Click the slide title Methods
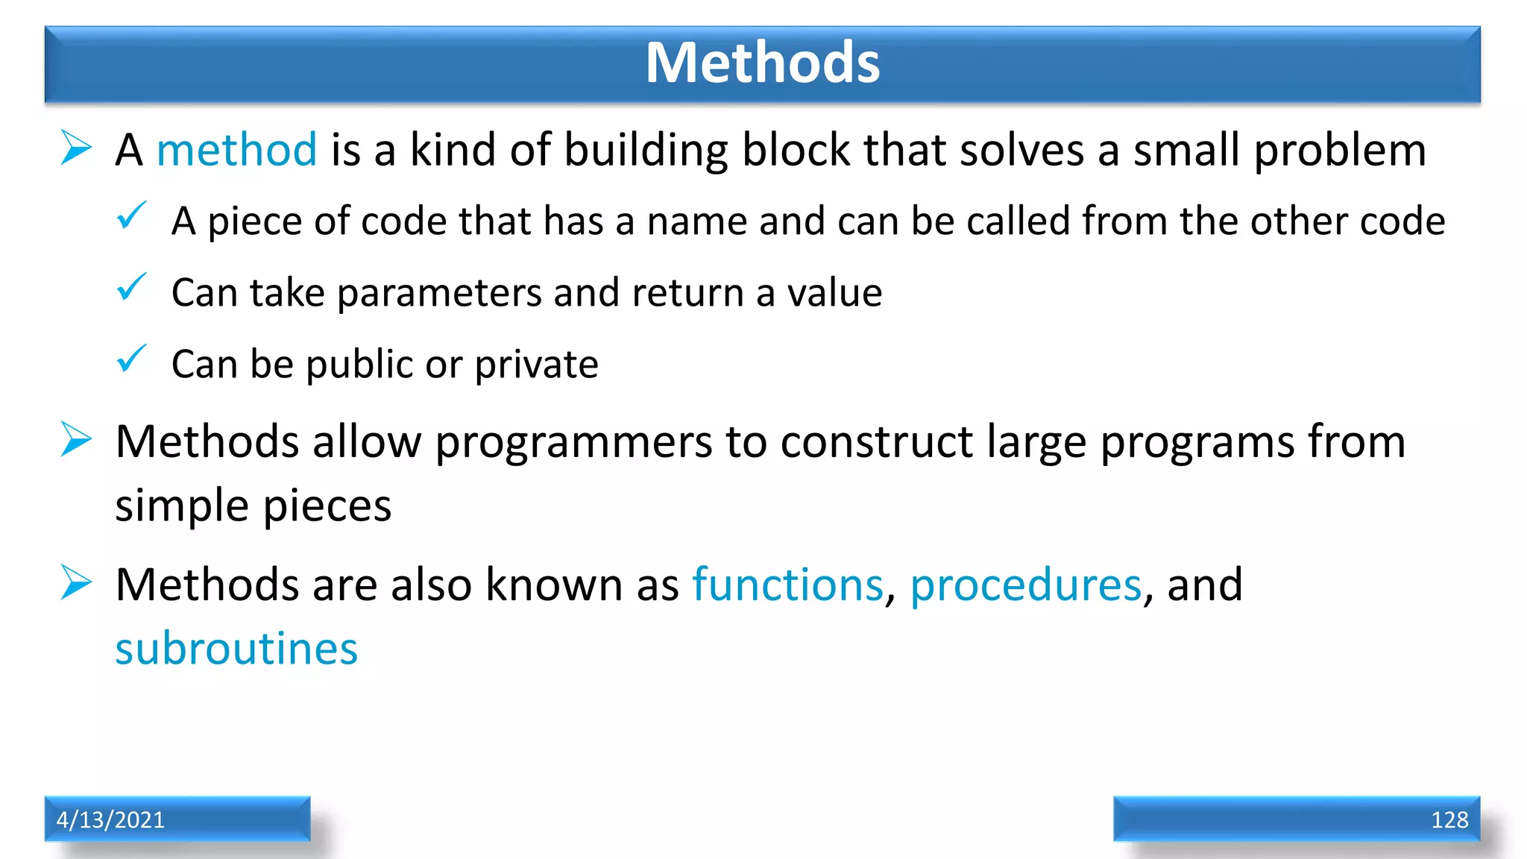pos(762,63)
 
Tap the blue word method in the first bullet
pos(236,150)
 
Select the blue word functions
pos(787,585)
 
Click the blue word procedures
pos(1025,585)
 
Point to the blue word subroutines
pos(236,649)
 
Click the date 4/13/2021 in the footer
pos(110,819)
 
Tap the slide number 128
pos(1449,819)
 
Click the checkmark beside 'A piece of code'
pos(131,216)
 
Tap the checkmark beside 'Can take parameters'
pos(131,288)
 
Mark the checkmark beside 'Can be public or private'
pos(131,359)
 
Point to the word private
pos(536,365)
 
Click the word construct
pos(876,442)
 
